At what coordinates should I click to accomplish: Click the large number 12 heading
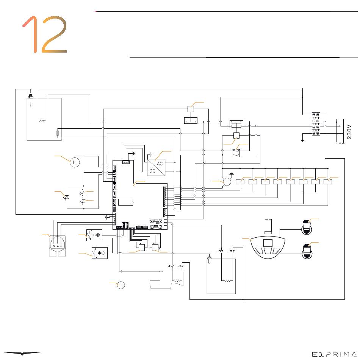(x=45, y=34)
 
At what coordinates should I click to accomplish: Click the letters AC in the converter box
(x=160, y=164)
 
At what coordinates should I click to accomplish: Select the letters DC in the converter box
(x=152, y=171)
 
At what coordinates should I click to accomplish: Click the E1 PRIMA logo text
(x=333, y=354)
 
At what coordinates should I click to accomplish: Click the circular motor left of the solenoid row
(x=227, y=182)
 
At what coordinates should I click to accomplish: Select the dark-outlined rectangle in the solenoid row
(x=266, y=182)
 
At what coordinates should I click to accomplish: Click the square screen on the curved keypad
(x=268, y=243)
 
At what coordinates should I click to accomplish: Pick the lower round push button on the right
(x=306, y=250)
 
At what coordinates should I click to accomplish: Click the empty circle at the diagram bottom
(x=121, y=285)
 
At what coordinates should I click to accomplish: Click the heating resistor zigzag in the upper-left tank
(x=42, y=121)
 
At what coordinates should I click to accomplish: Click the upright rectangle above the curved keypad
(x=268, y=226)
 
